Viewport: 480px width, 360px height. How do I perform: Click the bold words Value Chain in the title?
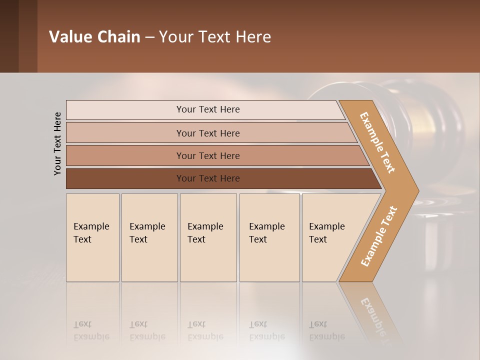pos(94,37)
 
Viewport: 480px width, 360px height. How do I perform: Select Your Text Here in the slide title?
pos(215,37)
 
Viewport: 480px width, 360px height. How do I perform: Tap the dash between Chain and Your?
pos(149,37)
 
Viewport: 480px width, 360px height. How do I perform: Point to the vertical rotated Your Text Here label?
pos(57,143)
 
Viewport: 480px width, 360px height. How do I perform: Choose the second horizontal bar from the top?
pos(207,133)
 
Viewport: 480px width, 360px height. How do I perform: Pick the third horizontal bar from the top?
pos(207,155)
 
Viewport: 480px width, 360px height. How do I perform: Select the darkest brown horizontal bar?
pos(207,178)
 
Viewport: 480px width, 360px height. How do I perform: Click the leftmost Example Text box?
pos(92,237)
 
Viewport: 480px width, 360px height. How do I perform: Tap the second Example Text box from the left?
pos(149,237)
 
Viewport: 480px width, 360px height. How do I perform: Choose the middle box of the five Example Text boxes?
pos(208,237)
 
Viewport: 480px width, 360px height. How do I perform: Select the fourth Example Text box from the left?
pos(269,237)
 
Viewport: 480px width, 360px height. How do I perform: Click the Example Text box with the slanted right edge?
pos(327,237)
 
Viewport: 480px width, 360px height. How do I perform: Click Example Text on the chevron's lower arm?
pos(379,236)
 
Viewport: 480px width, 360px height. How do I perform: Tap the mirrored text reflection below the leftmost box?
pos(91,330)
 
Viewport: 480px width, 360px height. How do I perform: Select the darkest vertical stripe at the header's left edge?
pos(9,36)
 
